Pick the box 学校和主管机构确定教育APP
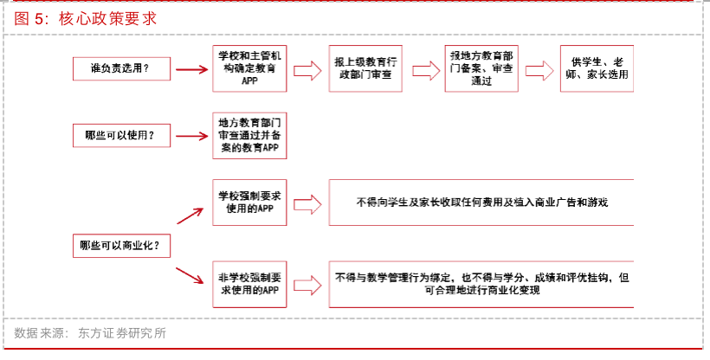(x=250, y=67)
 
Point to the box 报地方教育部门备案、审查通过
(x=481, y=67)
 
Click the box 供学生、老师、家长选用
(x=596, y=67)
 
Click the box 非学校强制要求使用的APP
(x=250, y=284)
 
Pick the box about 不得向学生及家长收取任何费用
(x=481, y=202)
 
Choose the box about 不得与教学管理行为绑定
(x=481, y=284)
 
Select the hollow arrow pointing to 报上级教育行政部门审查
(x=307, y=68)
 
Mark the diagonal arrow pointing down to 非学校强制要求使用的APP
(x=190, y=276)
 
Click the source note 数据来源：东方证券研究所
(x=90, y=332)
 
